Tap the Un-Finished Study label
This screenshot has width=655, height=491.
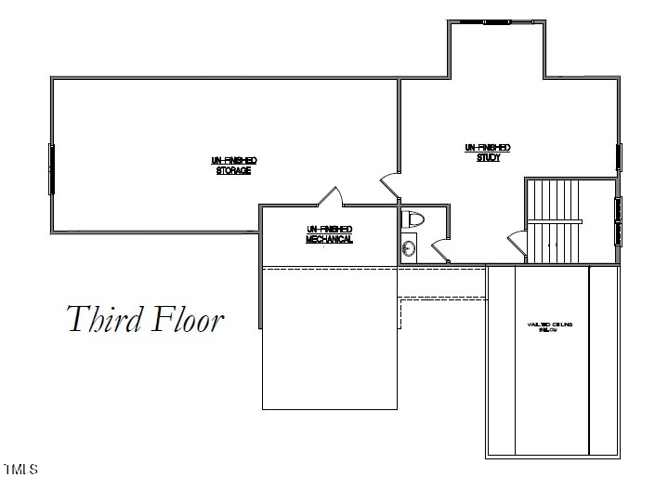487,153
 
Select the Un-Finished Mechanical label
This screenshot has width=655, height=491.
329,233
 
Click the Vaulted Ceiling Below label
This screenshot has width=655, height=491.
551,327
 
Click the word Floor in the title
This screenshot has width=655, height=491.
188,319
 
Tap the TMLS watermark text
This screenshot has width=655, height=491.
20,470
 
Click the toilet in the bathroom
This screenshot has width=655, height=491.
412,220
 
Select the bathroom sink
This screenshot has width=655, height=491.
407,248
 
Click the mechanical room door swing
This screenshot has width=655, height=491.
329,196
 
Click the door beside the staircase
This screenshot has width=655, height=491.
517,244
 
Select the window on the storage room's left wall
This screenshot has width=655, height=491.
52,168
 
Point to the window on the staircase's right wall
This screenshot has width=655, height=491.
617,220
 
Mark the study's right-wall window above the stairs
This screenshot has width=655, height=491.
617,159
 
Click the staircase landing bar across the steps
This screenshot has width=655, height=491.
555,221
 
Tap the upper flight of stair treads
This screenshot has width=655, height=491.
555,199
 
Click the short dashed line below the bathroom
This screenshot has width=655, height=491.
442,299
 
